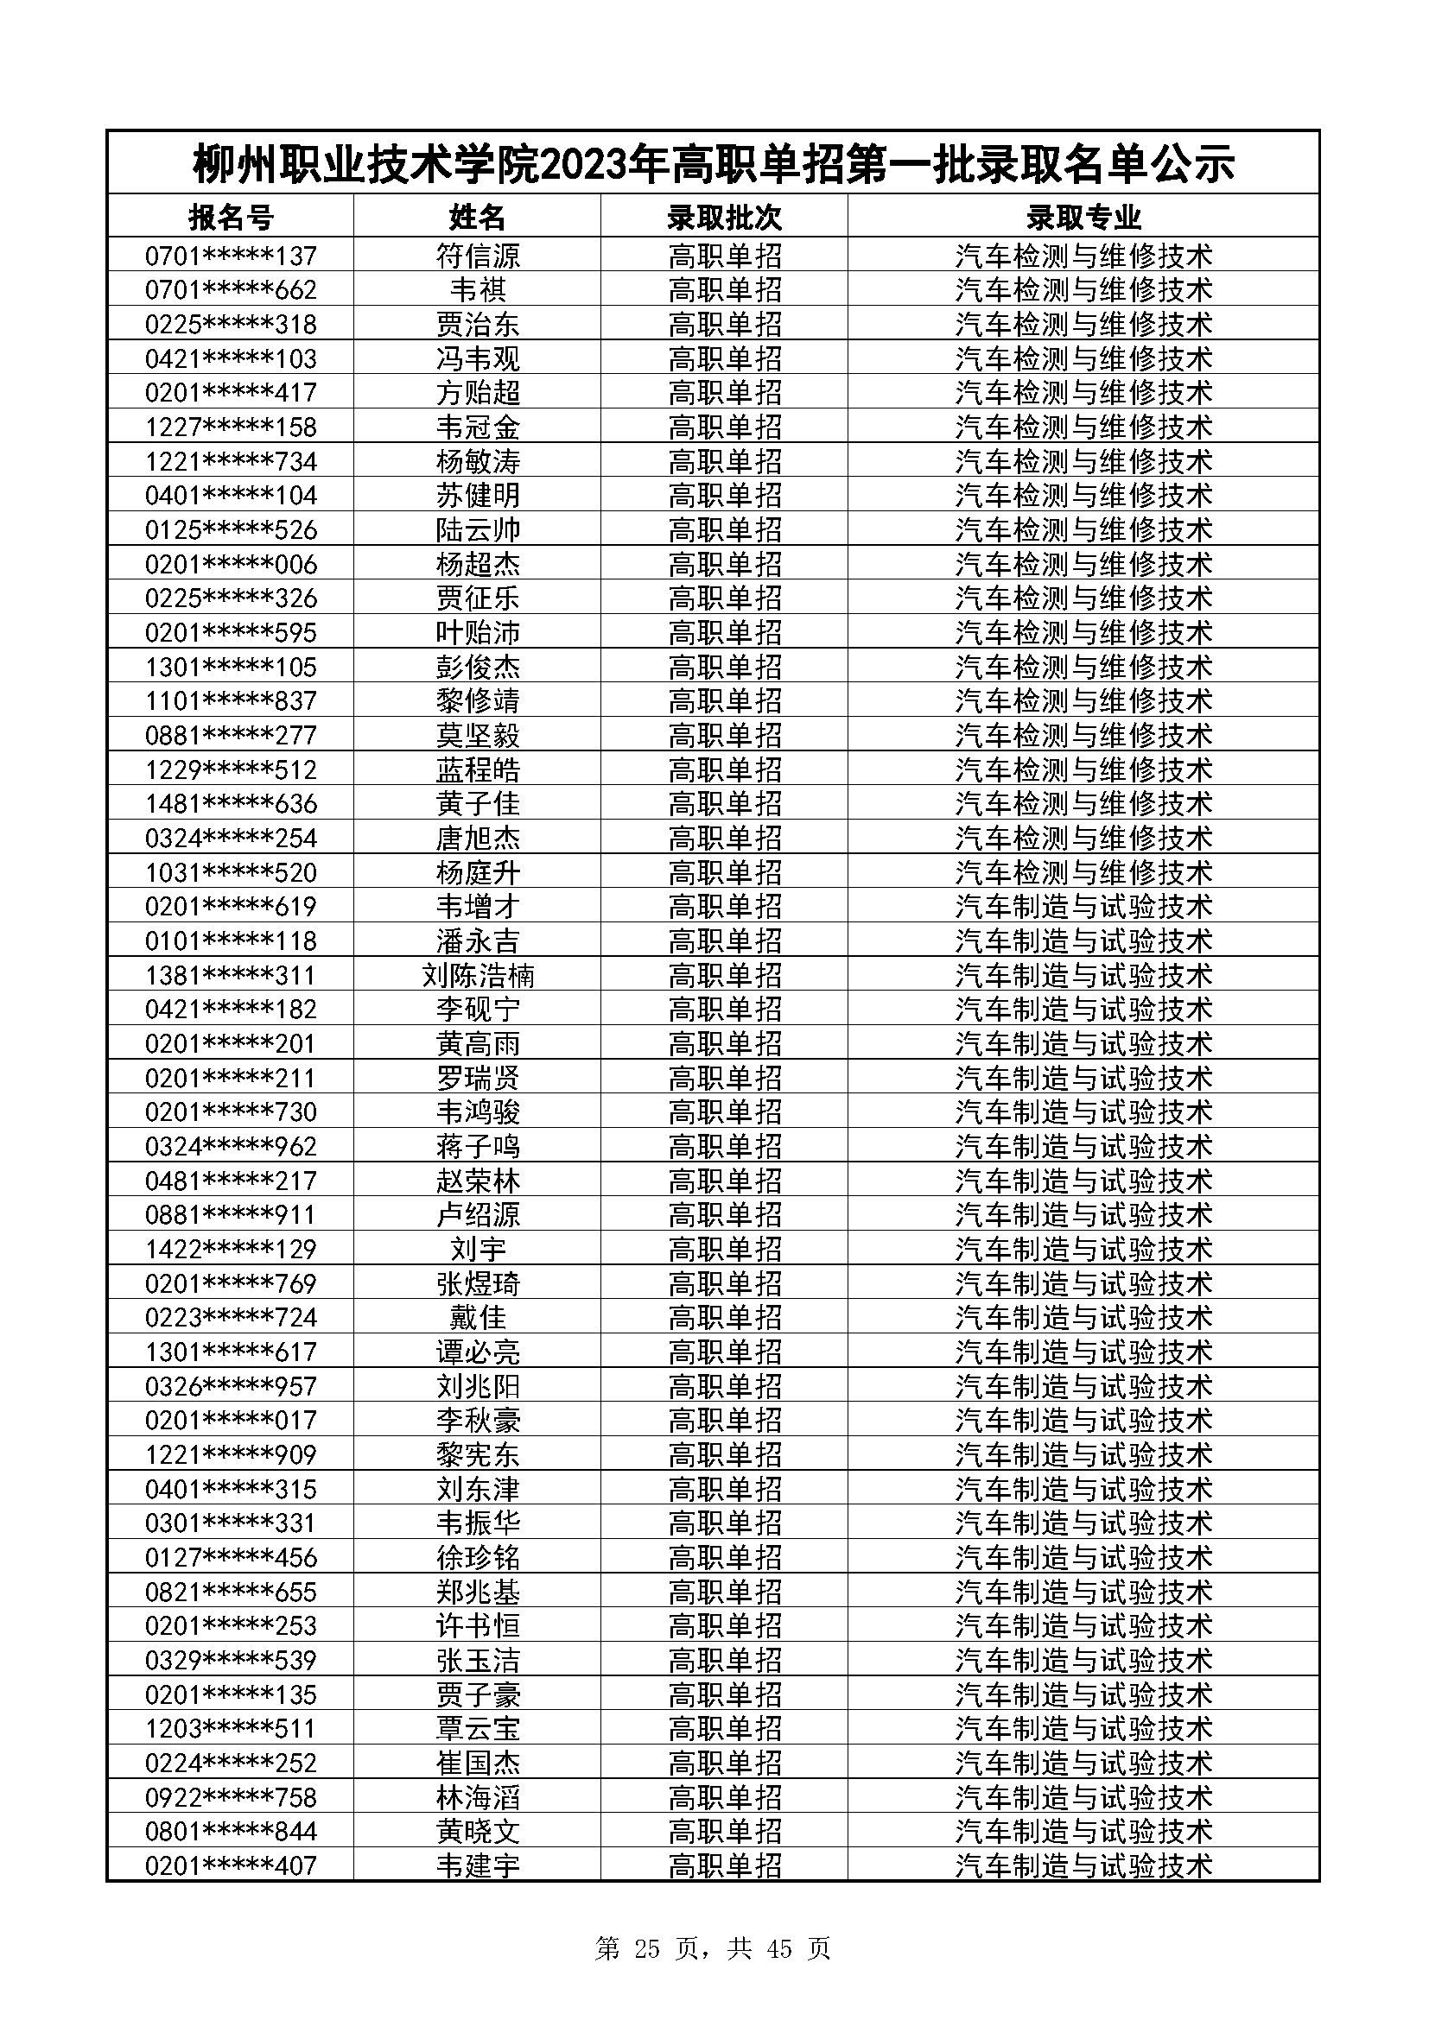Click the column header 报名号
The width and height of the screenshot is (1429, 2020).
[x=231, y=217]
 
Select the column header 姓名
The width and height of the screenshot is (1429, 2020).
[x=478, y=217]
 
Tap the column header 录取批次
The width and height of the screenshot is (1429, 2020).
[x=724, y=217]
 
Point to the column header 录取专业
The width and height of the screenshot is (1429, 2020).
[x=1083, y=217]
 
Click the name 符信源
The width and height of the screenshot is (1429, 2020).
[x=478, y=256]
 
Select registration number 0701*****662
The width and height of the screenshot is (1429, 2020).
[x=231, y=290]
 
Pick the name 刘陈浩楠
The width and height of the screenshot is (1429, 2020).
[x=478, y=976]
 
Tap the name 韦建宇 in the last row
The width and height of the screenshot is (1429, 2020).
[x=478, y=1866]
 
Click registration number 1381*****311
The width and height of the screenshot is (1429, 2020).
[x=231, y=976]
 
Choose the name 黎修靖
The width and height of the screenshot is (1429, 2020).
[x=478, y=701]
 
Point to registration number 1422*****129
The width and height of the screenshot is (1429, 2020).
[x=231, y=1250]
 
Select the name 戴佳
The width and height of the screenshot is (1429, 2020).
[x=478, y=1318]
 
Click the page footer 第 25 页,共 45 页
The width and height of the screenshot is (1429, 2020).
[x=713, y=1948]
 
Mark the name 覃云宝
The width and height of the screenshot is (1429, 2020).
[x=478, y=1729]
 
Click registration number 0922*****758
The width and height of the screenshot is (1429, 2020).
[x=231, y=1797]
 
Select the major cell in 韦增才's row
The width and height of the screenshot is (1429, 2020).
[x=1083, y=907]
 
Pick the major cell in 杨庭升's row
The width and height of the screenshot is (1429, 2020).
[x=1083, y=873]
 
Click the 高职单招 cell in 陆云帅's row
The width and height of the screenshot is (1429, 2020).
[x=724, y=530]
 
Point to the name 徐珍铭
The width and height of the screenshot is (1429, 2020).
[x=478, y=1558]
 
